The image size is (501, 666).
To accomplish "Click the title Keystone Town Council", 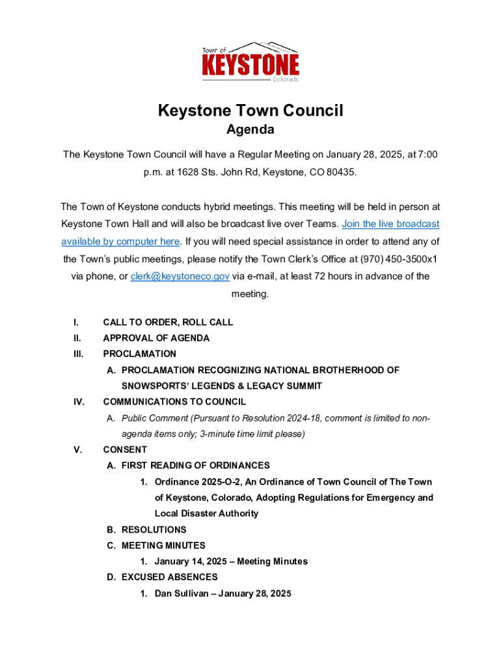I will tap(251, 111).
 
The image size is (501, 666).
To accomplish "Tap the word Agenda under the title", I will tap(251, 129).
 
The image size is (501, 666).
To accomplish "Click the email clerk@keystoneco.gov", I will tap(180, 276).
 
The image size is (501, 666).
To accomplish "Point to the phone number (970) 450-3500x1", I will tap(396, 259).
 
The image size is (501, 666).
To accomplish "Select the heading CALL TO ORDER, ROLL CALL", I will tap(168, 322).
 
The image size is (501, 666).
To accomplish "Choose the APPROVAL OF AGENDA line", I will tap(156, 338).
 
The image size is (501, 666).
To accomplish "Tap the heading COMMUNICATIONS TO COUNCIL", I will tap(174, 402).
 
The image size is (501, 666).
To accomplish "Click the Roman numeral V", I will tap(77, 449).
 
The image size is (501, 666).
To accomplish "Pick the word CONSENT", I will tap(125, 449).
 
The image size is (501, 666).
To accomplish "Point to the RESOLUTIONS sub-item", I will tap(154, 529).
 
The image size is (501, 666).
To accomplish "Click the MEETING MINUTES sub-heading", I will tap(163, 546).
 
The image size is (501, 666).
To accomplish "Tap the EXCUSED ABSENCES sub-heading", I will tap(169, 577).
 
